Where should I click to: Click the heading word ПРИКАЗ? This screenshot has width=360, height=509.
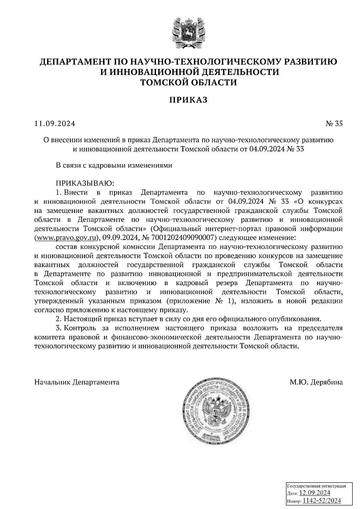[188, 100]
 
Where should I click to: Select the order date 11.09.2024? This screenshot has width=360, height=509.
[55, 124]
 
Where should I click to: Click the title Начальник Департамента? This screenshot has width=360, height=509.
[77, 382]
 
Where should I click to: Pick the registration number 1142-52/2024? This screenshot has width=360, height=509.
[322, 500]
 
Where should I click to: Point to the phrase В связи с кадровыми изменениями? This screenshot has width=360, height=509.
[114, 165]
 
